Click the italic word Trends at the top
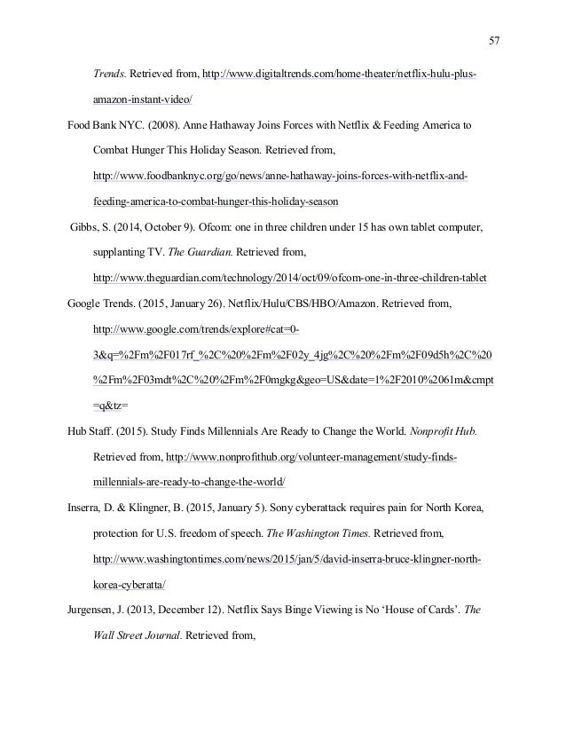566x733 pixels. pos(108,72)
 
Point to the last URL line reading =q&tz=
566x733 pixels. pos(110,406)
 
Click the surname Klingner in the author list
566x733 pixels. pos(160,509)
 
